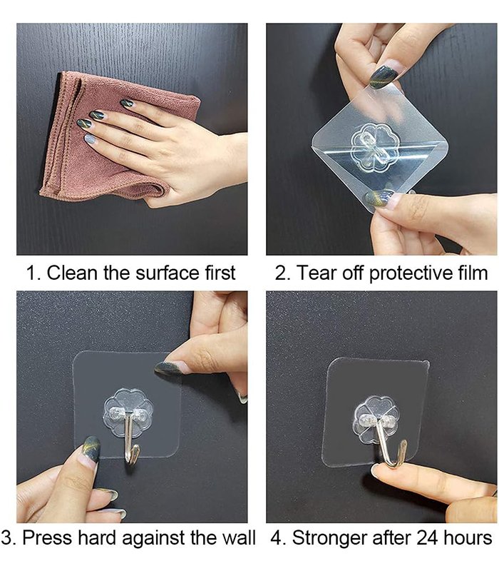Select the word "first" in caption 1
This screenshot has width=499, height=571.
tap(220, 273)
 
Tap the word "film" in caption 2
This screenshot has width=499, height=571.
tap(473, 273)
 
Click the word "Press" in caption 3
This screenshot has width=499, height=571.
tap(48, 538)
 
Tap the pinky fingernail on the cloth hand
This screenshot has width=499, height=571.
tap(90, 138)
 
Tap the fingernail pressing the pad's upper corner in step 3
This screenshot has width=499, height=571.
tap(168, 368)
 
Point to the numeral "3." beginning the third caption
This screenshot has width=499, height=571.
tap(9, 538)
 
